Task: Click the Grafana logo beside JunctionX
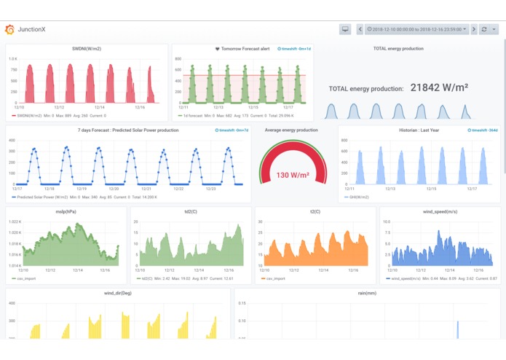tap(9, 30)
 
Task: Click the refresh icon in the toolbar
tap(484, 30)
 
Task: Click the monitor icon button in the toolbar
tap(345, 30)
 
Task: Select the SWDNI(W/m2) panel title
tap(87, 49)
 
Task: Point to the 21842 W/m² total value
tap(438, 87)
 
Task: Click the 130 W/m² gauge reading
tap(293, 175)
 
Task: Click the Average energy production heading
tap(291, 130)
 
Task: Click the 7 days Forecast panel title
tap(128, 130)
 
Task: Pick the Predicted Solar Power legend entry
tap(44, 197)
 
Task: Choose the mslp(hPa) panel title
tap(66, 212)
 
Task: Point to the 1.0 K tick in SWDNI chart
tap(13, 57)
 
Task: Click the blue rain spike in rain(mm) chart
tap(457, 330)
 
